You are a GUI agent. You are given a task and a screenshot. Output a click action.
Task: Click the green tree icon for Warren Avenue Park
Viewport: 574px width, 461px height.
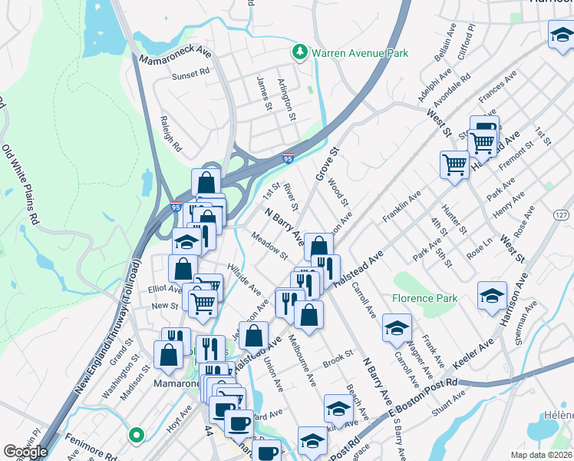299,52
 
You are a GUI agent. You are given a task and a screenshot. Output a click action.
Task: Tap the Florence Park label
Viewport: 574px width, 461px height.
424,298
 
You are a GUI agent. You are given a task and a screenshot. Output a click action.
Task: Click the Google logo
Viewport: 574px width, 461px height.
25,451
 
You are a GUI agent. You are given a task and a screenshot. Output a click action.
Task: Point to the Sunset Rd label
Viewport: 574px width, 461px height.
191,74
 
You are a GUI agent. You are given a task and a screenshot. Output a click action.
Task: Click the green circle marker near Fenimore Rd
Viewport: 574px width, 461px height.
137,436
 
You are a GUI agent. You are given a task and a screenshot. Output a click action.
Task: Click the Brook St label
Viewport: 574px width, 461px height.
337,357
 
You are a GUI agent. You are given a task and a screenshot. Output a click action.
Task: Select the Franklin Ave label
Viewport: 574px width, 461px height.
402,207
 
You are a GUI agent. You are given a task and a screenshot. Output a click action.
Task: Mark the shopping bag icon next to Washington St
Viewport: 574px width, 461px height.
168,354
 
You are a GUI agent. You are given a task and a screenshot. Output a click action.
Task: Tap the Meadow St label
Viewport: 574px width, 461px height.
269,245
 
